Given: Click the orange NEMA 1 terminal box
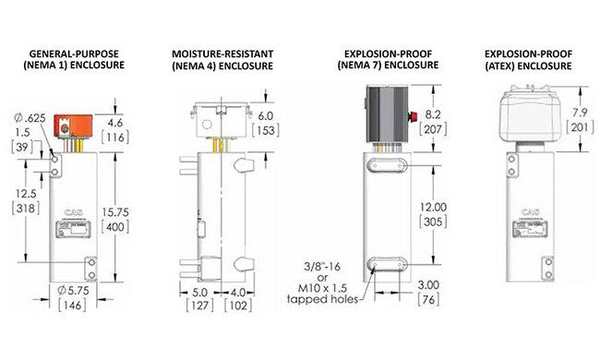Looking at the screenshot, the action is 74,126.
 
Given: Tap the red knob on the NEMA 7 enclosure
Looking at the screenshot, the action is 413,116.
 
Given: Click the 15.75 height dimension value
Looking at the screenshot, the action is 115,212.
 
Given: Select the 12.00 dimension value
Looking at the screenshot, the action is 433,207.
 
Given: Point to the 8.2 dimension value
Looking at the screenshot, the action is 433,114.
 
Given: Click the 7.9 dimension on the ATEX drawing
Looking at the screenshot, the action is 580,112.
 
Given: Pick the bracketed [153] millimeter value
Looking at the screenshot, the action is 266,130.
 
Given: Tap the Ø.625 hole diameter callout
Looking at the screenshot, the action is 30,118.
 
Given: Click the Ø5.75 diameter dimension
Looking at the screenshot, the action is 73,291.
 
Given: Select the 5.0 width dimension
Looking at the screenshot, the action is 199,293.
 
